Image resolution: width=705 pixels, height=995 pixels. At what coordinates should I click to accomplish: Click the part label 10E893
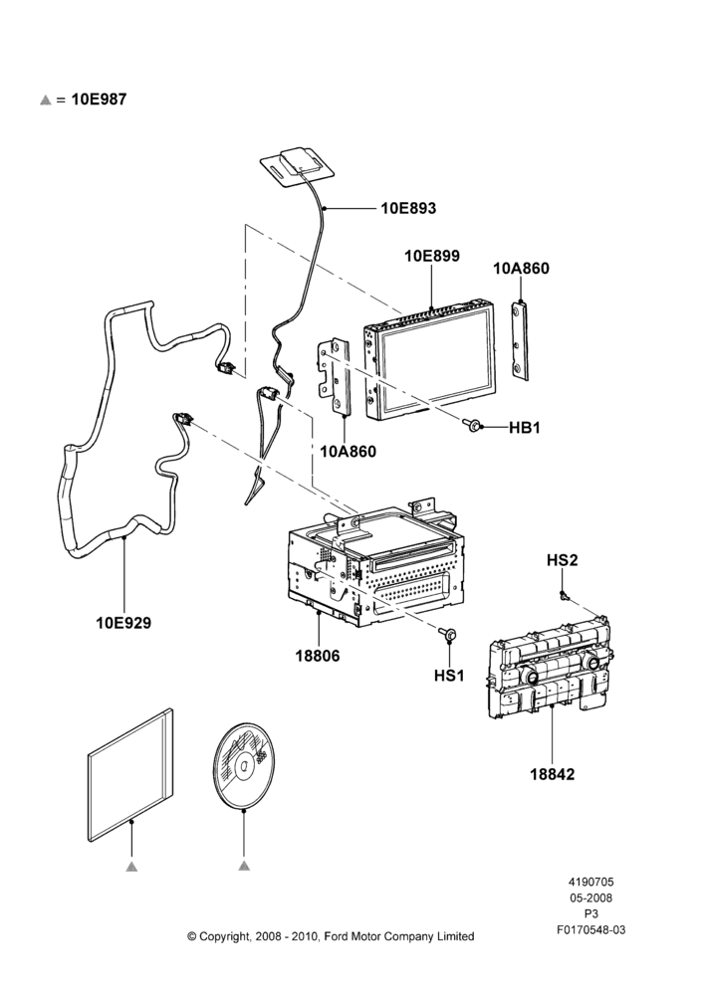coord(408,208)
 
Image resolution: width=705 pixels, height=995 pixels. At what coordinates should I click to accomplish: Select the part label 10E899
coord(432,256)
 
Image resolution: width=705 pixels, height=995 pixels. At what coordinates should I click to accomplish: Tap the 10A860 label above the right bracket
coord(521,269)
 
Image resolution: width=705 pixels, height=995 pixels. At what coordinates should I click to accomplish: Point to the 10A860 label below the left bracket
coord(349,452)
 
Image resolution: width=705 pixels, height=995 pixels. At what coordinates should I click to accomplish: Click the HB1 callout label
coord(525,428)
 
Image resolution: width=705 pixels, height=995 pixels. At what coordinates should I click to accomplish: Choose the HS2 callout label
coord(562,560)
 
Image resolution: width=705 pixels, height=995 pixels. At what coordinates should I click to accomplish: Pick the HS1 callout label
coord(449,676)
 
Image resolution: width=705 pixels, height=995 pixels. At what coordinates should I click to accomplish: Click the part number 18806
coord(318,656)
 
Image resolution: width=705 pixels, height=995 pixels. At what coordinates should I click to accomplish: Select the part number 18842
coord(552,774)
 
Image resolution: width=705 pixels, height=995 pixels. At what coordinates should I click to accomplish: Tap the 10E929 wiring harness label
coord(123,623)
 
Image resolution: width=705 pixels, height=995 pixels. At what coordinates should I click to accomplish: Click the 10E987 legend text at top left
coord(99,99)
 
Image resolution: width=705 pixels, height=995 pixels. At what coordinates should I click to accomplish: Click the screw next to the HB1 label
coord(473,425)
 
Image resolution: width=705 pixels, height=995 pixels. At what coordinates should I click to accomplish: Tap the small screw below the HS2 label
coord(564,595)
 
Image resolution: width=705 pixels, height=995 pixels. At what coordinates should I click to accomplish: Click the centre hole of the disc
coord(243,766)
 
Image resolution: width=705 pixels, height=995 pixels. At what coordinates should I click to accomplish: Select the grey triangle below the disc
coord(245,865)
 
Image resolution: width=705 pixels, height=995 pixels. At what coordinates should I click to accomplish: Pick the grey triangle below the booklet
coord(131,867)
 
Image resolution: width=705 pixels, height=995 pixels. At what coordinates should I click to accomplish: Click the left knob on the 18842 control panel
coord(531,677)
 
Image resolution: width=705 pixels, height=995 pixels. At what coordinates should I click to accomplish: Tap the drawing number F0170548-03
coord(590,929)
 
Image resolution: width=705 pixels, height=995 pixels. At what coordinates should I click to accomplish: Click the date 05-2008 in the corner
coord(590,897)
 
